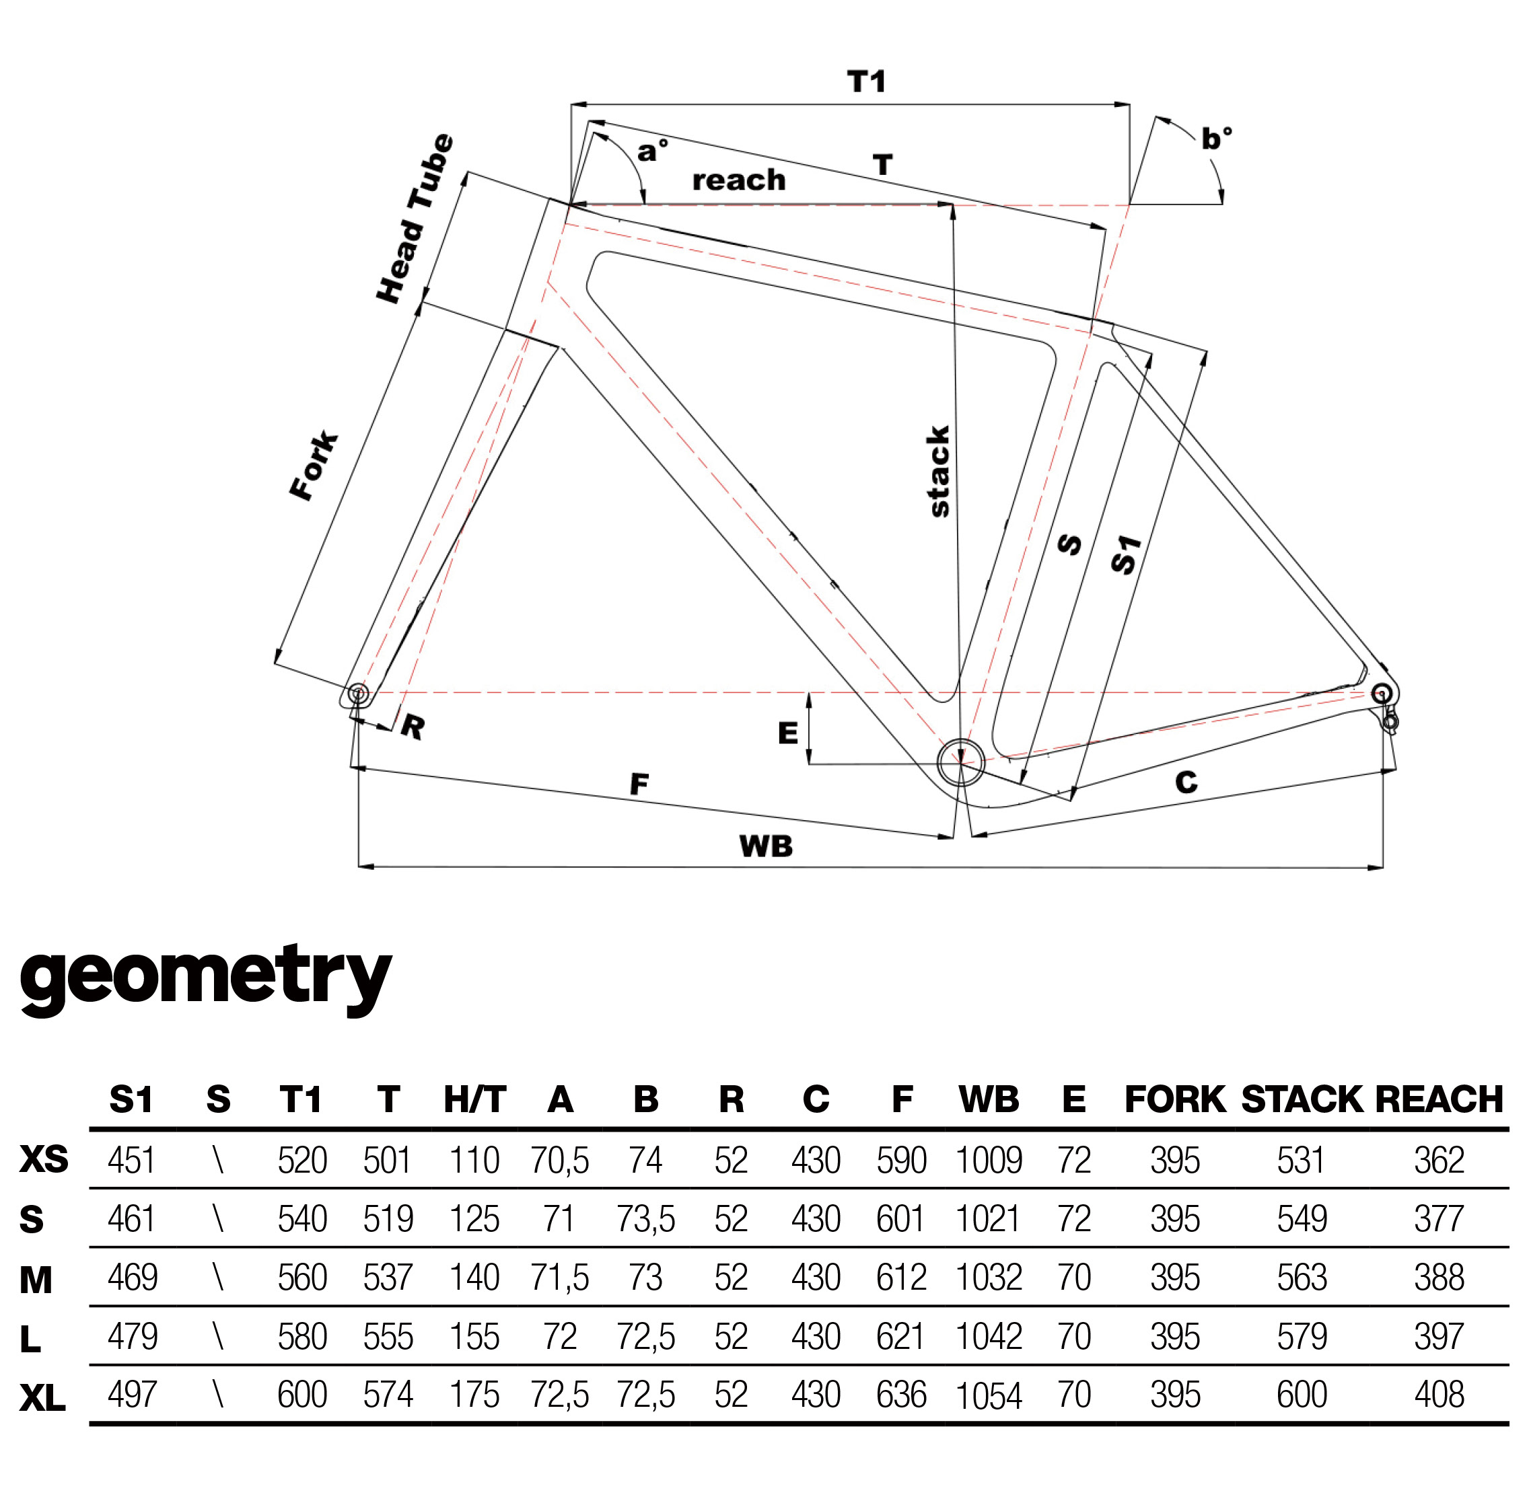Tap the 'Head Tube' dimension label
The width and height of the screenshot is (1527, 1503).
tap(415, 219)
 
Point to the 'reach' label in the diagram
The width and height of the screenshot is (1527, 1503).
tap(738, 181)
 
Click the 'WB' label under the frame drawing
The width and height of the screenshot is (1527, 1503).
tap(765, 846)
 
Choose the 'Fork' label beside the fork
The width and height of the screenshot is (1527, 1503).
tap(314, 466)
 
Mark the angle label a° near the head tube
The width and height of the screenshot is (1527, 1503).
tap(653, 149)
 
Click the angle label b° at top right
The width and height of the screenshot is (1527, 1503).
tap(1216, 139)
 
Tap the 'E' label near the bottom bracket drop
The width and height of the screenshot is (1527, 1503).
tap(787, 733)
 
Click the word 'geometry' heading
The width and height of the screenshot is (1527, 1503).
tap(205, 976)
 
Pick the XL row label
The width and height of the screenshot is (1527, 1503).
tap(42, 1399)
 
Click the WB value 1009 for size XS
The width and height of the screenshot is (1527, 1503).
tap(989, 1161)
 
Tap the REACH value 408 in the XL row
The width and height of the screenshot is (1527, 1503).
tap(1439, 1395)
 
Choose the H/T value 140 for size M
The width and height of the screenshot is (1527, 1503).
tap(474, 1278)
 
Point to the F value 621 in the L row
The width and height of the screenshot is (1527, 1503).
tap(901, 1336)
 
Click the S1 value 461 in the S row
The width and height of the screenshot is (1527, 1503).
tap(132, 1219)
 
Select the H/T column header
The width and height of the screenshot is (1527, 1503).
tap(474, 1099)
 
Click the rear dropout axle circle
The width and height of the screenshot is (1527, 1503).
tap(1381, 694)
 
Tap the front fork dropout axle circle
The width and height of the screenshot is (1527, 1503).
tap(357, 694)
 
